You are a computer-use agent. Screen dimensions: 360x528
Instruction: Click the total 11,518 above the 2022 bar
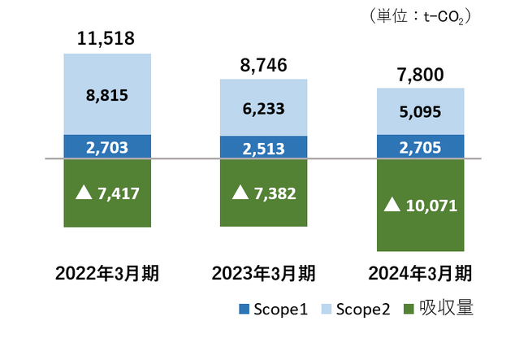(x=106, y=38)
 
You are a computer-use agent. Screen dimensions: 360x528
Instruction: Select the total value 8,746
(x=262, y=66)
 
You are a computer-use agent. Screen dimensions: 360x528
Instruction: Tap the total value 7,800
(x=421, y=76)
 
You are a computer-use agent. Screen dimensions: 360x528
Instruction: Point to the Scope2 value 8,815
(x=107, y=94)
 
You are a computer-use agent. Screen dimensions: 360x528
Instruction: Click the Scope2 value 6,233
(x=263, y=108)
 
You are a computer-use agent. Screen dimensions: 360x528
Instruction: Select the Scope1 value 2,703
(x=107, y=146)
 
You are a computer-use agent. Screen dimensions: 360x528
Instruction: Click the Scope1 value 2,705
(x=421, y=147)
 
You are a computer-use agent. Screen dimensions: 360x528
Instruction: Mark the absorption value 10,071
(x=431, y=205)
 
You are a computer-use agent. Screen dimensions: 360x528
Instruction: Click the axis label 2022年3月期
(x=106, y=272)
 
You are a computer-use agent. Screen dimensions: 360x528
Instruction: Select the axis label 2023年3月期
(x=263, y=272)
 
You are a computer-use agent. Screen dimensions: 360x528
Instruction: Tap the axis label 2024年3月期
(x=421, y=272)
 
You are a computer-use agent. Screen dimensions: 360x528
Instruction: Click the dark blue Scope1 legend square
(x=242, y=310)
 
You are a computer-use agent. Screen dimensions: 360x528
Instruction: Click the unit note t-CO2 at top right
(x=446, y=15)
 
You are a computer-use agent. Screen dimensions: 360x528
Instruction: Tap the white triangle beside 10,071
(x=392, y=205)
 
